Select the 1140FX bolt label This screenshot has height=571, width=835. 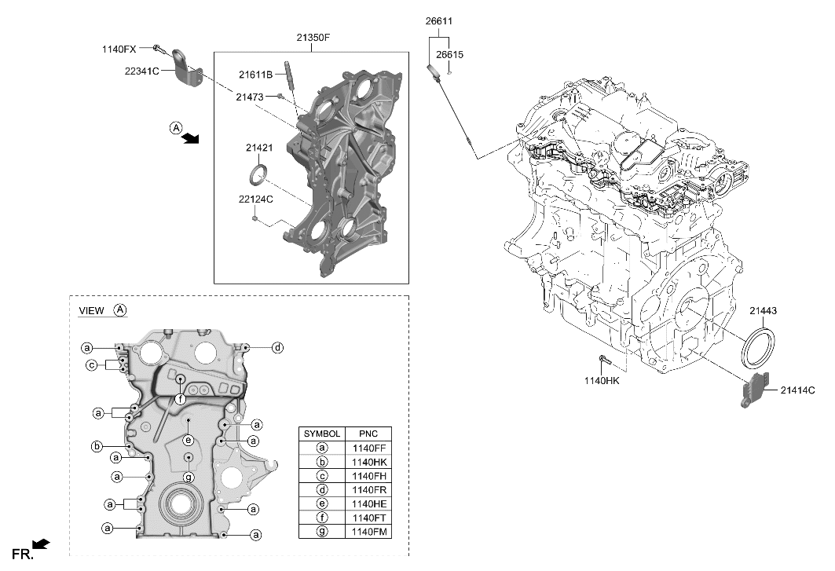click(119, 49)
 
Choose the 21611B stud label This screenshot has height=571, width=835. click(255, 75)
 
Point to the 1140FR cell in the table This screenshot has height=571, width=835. click(368, 489)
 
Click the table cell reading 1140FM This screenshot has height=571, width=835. click(368, 532)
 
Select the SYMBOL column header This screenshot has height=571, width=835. click(322, 434)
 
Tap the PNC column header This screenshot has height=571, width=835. click(368, 434)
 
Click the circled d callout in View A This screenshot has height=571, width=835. click(277, 347)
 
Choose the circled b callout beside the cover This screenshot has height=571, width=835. click(97, 447)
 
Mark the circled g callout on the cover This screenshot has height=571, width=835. click(189, 478)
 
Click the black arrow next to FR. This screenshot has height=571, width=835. click(44, 544)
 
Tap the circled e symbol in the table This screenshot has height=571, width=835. click(322, 503)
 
